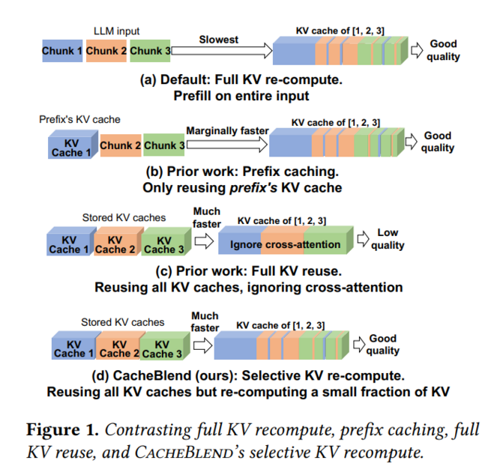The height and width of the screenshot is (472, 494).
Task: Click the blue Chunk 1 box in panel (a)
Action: click(x=62, y=50)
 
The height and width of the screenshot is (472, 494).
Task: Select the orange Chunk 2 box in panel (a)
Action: click(x=106, y=50)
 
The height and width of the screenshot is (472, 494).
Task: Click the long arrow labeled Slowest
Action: click(x=221, y=50)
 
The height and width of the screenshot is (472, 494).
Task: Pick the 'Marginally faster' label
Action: click(x=227, y=130)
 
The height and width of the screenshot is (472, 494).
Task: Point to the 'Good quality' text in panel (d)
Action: click(x=382, y=345)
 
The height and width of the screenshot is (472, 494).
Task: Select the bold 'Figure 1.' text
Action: click(x=61, y=430)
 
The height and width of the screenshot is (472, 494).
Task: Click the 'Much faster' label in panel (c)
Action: click(x=207, y=217)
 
